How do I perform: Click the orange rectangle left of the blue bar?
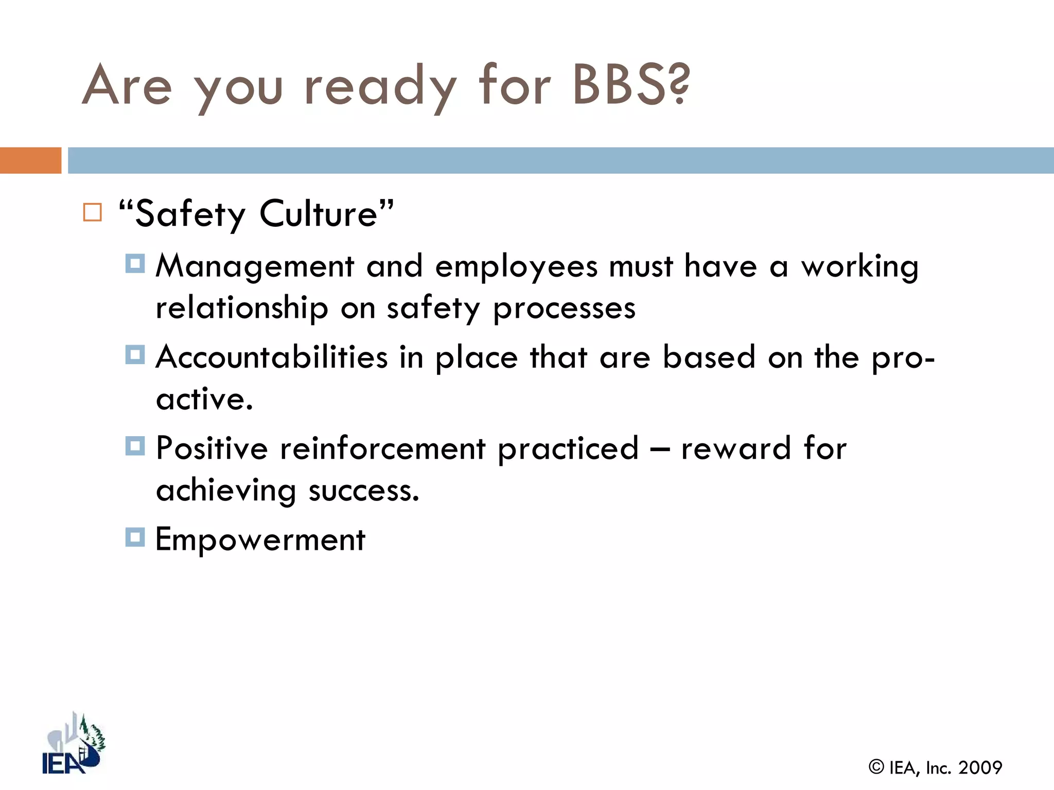point(30,160)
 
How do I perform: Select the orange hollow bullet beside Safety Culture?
point(93,212)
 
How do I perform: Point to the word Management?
point(255,267)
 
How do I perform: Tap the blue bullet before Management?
point(135,264)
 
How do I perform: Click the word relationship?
point(242,309)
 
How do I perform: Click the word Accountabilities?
point(272,357)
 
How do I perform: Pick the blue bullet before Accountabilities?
point(135,355)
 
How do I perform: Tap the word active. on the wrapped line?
point(204,399)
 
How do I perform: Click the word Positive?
point(212,448)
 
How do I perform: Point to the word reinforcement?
point(382,448)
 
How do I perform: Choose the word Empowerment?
point(260,540)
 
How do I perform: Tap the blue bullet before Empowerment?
point(135,537)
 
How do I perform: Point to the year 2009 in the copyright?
point(980,768)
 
